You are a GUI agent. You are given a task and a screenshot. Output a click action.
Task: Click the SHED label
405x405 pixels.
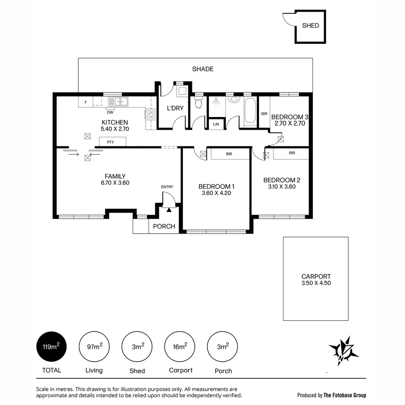pos(310,25)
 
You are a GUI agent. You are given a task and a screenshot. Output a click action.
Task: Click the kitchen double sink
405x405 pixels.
pos(118,101)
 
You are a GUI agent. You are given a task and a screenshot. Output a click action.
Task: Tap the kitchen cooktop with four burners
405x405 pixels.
pos(151,114)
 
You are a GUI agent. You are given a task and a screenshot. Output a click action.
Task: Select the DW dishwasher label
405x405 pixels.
pos(110,112)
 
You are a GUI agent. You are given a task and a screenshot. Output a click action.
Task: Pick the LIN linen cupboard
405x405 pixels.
pos(216,124)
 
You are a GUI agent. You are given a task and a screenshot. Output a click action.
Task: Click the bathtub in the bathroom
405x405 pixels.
pos(250,111)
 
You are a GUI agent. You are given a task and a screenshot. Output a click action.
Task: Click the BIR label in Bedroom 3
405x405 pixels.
pos(264,114)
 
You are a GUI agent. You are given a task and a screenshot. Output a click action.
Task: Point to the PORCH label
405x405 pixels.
pos(164,226)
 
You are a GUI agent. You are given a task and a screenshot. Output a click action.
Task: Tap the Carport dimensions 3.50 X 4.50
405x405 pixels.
pos(316,283)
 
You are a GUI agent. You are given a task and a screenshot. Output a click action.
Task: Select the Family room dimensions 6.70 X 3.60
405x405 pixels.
pos(115,183)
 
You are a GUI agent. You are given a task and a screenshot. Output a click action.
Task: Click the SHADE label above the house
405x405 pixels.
pos(202,69)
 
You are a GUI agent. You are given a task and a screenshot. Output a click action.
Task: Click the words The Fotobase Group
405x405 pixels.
pos(345,395)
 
